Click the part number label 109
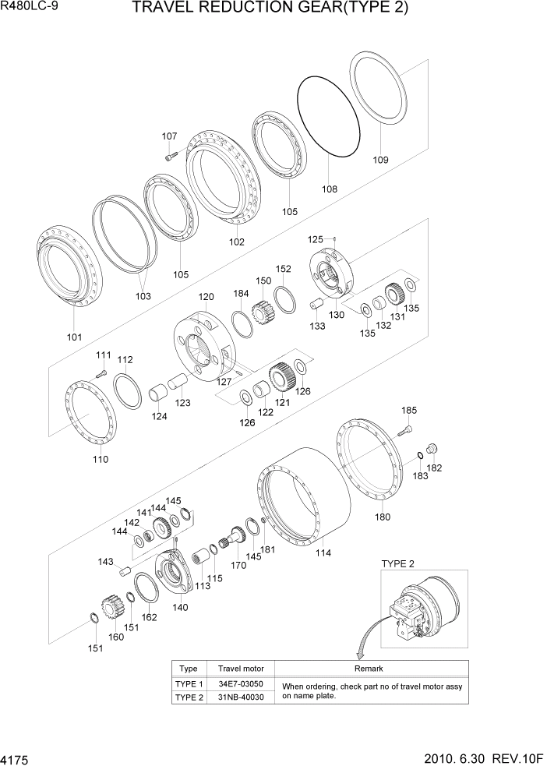[379, 161]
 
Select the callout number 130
[337, 314]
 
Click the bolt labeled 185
[404, 429]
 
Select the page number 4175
[17, 757]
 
